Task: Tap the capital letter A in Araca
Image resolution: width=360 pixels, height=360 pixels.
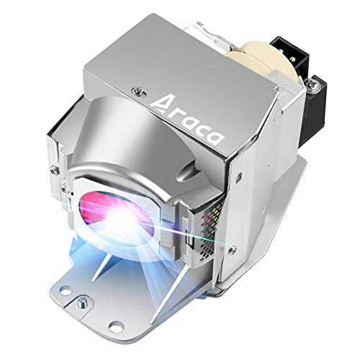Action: coord(160,103)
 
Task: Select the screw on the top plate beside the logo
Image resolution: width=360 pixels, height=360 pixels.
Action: coord(138,91)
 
